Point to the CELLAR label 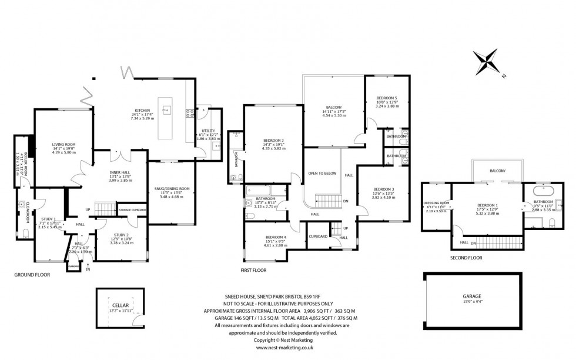[x=120, y=305]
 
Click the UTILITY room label [x=209, y=131]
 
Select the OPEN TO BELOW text [x=322, y=174]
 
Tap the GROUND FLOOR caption [x=32, y=274]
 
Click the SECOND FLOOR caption [x=466, y=258]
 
